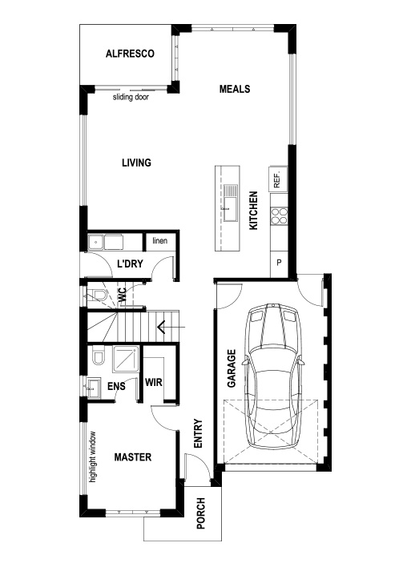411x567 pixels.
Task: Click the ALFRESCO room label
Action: coord(129,54)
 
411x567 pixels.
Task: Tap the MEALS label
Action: coord(235,89)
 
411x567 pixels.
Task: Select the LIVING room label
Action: coord(136,163)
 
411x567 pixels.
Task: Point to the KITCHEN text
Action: coord(253,211)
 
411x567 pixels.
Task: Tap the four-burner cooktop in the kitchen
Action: coord(280,215)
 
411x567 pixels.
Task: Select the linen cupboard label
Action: coord(159,240)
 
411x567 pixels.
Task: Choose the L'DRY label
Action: coord(129,263)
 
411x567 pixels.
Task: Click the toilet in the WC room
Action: coord(98,296)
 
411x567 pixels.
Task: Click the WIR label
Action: coord(154,382)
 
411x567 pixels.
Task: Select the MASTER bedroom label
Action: coord(133,457)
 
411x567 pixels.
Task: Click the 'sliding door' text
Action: coord(131,97)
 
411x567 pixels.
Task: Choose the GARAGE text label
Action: coord(231,368)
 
